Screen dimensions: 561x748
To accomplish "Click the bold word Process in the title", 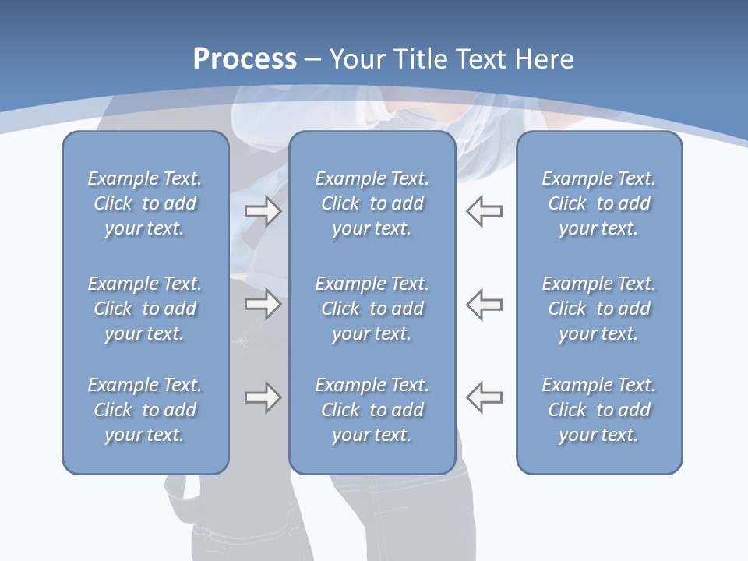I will point(245,59).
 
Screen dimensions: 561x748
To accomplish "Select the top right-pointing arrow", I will point(263,211).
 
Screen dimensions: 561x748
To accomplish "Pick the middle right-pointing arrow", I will point(263,304).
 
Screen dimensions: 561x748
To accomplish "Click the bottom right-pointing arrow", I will point(263,397).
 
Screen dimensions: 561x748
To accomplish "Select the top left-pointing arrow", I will point(485,211).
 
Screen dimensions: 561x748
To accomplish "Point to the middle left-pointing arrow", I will point(485,304).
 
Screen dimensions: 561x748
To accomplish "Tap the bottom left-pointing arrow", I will point(485,397).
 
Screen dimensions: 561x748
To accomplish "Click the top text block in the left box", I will point(145,203).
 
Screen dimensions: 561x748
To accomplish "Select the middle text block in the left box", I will point(145,309).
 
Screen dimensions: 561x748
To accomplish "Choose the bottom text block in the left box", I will point(145,410).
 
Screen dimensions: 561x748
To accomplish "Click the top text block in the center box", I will point(372,203).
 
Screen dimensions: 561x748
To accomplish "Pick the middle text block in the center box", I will point(372,309).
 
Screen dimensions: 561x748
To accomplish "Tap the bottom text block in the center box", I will point(372,410).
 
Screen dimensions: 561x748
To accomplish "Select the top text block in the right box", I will point(598,203).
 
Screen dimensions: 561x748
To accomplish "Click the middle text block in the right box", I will point(598,309).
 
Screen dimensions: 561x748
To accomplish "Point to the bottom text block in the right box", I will point(598,410).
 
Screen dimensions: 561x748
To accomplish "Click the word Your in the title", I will point(356,59).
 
